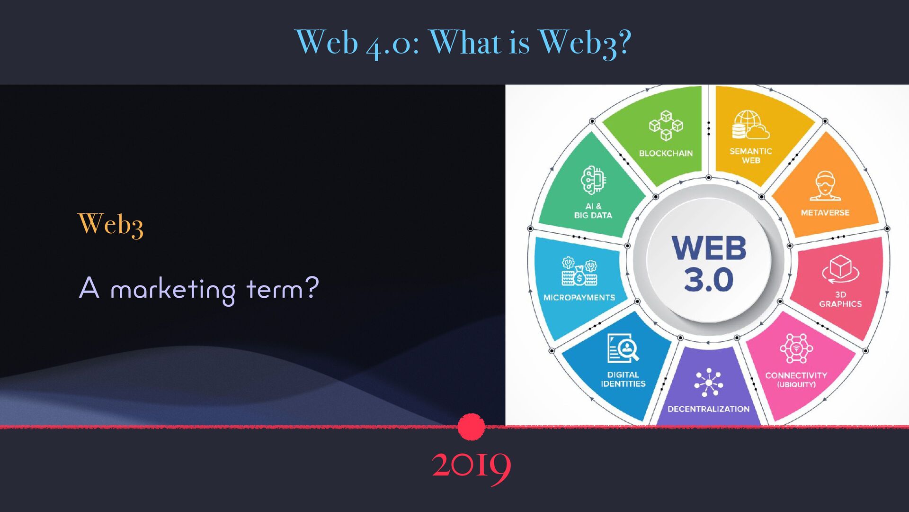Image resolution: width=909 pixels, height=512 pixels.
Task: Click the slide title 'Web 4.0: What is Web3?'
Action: pyautogui.click(x=463, y=43)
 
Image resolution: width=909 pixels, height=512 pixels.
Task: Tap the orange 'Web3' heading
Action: pyautogui.click(x=110, y=224)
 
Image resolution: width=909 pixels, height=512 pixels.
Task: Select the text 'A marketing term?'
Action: pyautogui.click(x=199, y=289)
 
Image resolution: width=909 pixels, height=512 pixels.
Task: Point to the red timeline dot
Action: pyautogui.click(x=472, y=427)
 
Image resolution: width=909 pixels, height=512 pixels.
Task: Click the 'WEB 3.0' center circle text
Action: pyautogui.click(x=708, y=264)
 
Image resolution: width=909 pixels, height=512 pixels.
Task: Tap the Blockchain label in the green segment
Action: pyautogui.click(x=666, y=153)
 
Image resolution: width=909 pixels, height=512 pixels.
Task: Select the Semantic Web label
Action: pyautogui.click(x=751, y=155)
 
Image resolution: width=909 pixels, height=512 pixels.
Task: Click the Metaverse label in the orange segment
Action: pyautogui.click(x=825, y=213)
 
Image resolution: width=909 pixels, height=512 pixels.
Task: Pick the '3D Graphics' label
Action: pyautogui.click(x=840, y=299)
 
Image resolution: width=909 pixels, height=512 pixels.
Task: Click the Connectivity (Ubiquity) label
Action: pyautogui.click(x=796, y=379)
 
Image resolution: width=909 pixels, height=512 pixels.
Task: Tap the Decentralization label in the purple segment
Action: pyautogui.click(x=708, y=409)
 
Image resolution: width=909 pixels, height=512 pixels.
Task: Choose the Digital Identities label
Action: pyautogui.click(x=623, y=379)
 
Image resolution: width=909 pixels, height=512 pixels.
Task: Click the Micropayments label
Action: pyautogui.click(x=579, y=297)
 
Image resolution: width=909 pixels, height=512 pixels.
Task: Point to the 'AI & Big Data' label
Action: pyautogui.click(x=593, y=210)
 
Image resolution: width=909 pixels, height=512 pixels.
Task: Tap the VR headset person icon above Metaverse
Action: pyautogui.click(x=825, y=186)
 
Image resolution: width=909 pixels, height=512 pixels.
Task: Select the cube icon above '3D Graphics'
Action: pyautogui.click(x=841, y=269)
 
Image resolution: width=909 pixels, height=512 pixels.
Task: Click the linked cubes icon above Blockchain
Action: pyautogui.click(x=666, y=126)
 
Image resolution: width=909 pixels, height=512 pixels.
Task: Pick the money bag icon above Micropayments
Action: pyautogui.click(x=579, y=272)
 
